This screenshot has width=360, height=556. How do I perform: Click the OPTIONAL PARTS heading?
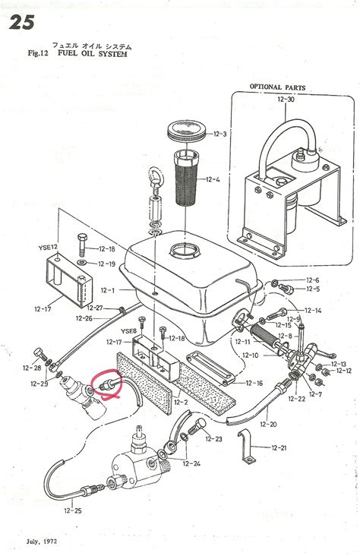(277, 87)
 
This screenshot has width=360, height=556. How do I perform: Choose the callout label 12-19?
(106, 264)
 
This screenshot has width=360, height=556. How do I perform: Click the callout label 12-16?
(254, 384)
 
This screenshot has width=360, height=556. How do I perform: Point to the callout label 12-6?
(313, 280)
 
